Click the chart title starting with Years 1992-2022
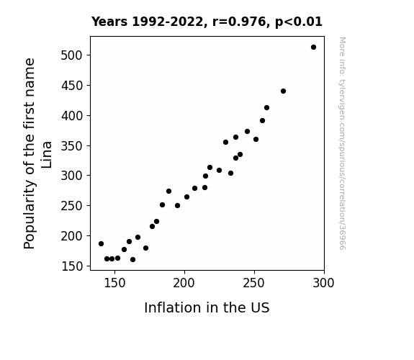pyautogui.click(x=207, y=22)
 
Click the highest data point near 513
pyautogui.click(x=313, y=48)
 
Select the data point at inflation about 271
pyautogui.click(x=283, y=91)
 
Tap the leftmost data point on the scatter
pyautogui.click(x=101, y=244)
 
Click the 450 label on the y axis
pyautogui.click(x=72, y=86)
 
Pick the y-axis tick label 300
pyautogui.click(x=72, y=176)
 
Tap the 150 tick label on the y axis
pyautogui.click(x=72, y=266)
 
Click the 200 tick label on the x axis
pyautogui.click(x=184, y=283)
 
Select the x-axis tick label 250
pyautogui.click(x=253, y=283)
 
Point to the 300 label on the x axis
pyautogui.click(x=323, y=283)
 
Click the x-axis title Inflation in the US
pyautogui.click(x=207, y=307)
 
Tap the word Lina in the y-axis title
pyautogui.click(x=47, y=155)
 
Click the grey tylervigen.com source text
pyautogui.click(x=342, y=143)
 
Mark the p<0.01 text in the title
pyautogui.click(x=299, y=22)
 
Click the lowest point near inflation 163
pyautogui.click(x=132, y=260)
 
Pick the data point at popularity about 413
pyautogui.click(x=266, y=108)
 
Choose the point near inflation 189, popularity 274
pyautogui.click(x=169, y=192)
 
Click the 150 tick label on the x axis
pyautogui.click(x=114, y=283)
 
